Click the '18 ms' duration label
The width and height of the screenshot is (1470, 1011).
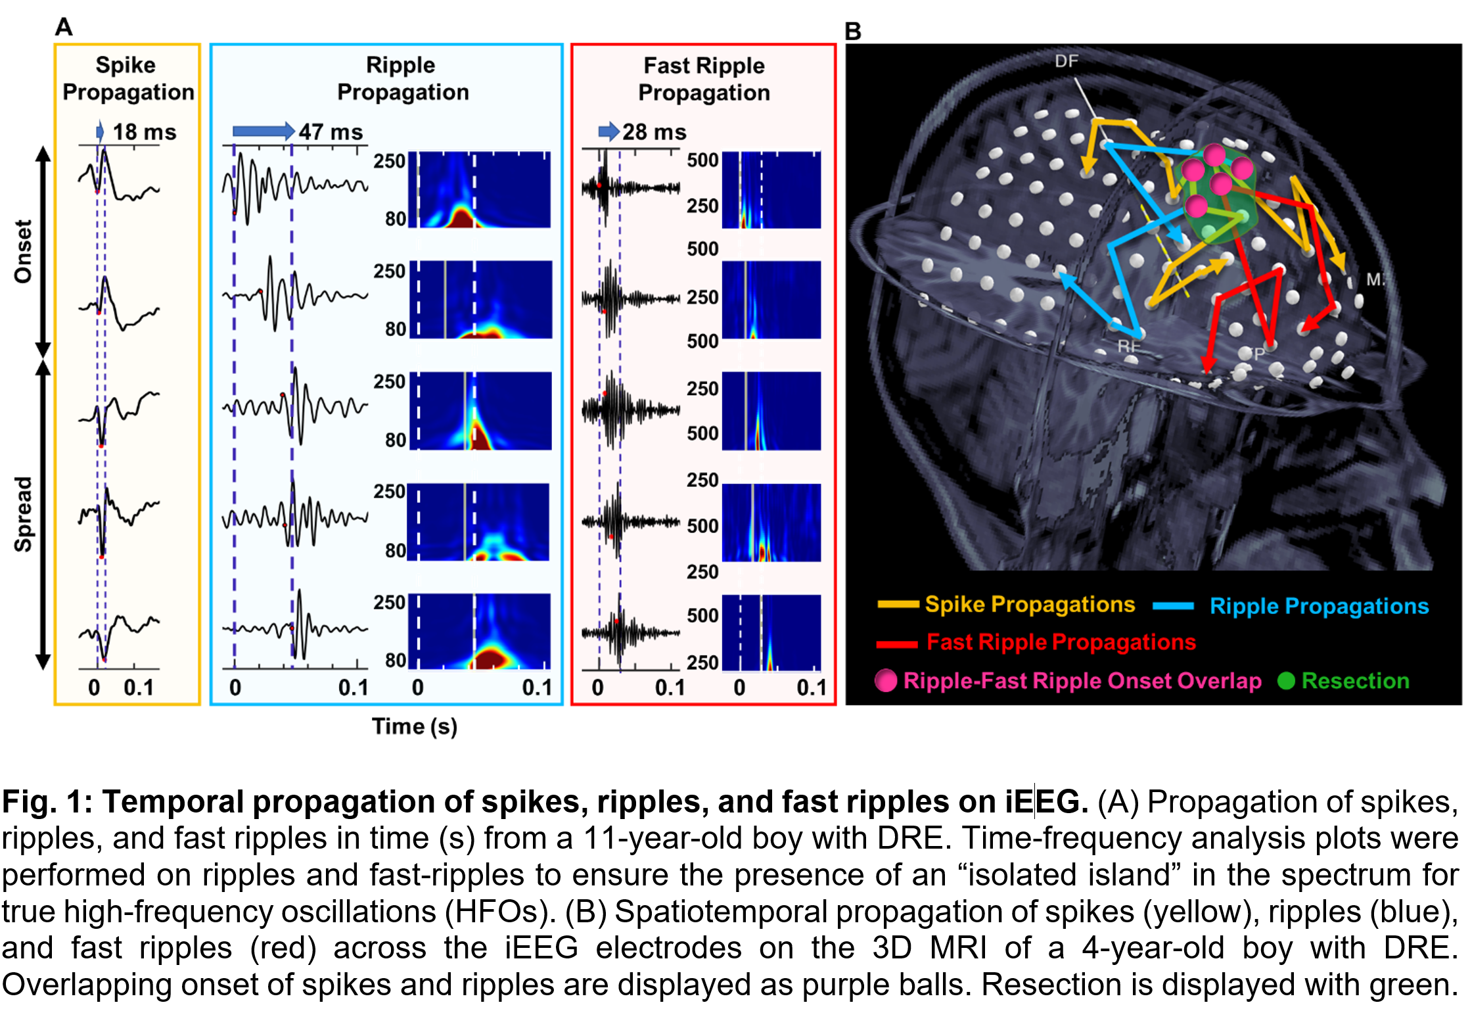pos(144,131)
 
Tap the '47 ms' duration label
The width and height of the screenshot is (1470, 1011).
pos(331,131)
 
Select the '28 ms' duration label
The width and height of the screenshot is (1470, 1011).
pos(654,132)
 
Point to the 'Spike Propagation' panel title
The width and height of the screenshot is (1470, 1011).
pos(127,78)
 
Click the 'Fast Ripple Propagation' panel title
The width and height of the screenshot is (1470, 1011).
pos(704,79)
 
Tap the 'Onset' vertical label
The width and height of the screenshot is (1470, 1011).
pos(24,251)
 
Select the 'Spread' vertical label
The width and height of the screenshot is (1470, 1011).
pos(24,514)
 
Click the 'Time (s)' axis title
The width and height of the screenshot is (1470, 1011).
pos(414,726)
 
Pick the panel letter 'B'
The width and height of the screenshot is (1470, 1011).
pos(852,31)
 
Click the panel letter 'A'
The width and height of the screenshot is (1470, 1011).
pos(64,27)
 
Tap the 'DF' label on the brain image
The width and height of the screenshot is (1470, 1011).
pos(1066,61)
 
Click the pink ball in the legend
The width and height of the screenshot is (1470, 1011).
pos(886,680)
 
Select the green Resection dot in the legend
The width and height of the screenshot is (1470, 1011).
pos(1285,680)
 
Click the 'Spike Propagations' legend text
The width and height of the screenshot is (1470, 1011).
pos(1030,604)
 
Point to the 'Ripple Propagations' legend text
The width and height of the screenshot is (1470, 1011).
pos(1319,605)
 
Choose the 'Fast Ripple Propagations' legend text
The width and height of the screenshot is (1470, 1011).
pos(1061,642)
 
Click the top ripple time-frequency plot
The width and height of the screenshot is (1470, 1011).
pos(480,190)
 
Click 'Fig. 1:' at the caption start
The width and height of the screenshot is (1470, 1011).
pos(47,802)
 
